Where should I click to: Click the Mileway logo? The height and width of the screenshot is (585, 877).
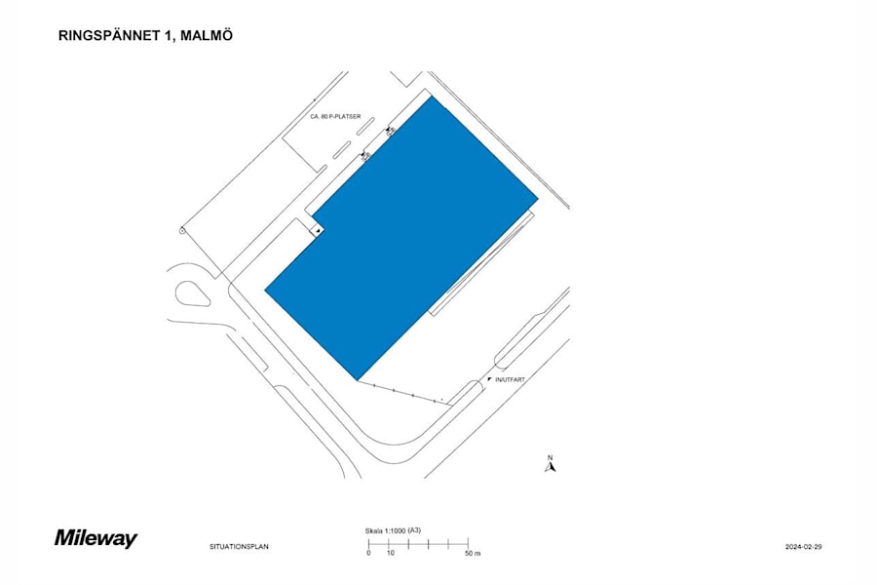coord(95,538)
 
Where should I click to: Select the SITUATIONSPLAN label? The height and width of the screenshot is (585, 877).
coord(239,547)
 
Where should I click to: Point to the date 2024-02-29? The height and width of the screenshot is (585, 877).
coord(804,547)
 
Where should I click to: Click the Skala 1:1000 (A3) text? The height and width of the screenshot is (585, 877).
coord(387,530)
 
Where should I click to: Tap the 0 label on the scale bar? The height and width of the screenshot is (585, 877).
coord(368,553)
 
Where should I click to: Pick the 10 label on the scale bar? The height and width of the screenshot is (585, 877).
coord(390,553)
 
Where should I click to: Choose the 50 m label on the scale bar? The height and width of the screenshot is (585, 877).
coord(473,553)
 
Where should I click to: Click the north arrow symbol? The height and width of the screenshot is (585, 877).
coord(550,467)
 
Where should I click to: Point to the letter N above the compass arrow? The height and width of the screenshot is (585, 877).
coord(550,457)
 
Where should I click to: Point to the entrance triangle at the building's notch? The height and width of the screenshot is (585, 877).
coord(318,229)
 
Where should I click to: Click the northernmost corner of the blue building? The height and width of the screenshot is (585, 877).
coord(430,96)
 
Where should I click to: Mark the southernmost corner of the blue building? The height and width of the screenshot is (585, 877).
coord(358,379)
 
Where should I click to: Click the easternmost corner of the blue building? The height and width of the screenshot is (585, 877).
coord(538,201)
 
